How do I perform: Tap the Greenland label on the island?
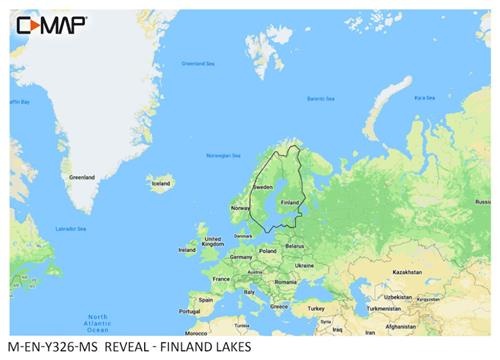[x=80, y=177]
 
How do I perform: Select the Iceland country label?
[x=160, y=183]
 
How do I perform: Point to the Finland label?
[x=289, y=201]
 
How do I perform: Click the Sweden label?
[x=262, y=187]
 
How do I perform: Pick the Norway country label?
[x=239, y=207]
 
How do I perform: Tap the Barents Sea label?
[x=320, y=98]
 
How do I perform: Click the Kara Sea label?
[x=425, y=98]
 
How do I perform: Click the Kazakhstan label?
[x=407, y=272]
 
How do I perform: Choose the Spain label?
[x=206, y=299]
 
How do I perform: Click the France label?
[x=221, y=279]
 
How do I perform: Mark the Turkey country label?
[x=317, y=308]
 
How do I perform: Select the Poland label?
[x=268, y=250]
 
